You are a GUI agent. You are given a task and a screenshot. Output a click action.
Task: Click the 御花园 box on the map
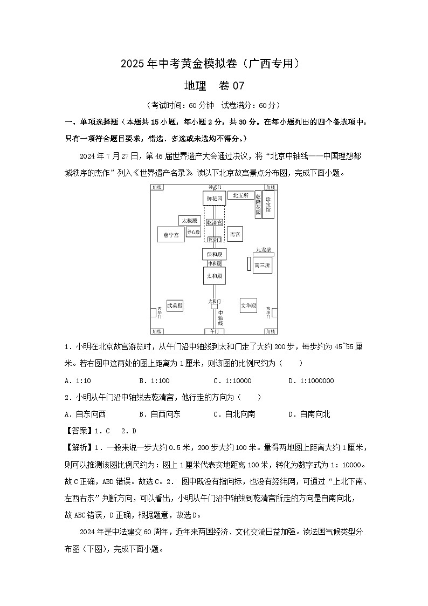coord(214,199)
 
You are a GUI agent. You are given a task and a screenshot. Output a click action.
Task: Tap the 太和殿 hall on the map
coord(214,276)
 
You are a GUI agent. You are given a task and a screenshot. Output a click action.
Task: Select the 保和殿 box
coord(214,254)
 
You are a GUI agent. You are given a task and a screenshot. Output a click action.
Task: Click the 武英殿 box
coord(175,305)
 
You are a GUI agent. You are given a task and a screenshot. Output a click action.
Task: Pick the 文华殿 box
coord(248,305)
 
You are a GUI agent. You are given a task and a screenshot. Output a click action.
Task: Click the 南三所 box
coord(263,265)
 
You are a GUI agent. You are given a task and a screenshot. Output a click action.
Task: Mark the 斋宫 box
coord(234,235)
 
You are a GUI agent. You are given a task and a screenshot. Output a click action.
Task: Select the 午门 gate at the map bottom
coord(214,331)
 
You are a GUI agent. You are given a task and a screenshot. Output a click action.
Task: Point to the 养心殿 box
coord(193,232)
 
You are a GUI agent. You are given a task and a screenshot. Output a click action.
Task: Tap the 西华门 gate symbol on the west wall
coord(153,312)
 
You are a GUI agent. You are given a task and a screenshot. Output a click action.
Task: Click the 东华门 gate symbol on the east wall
coord(274,312)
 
